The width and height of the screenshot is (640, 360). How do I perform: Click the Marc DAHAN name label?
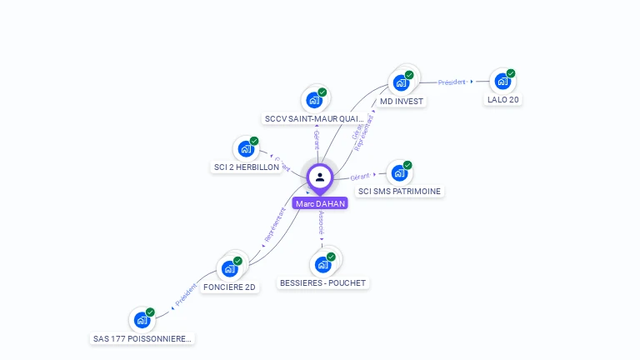click(319, 203)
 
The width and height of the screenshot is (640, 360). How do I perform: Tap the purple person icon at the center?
click(320, 177)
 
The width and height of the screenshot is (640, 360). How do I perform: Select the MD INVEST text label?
click(402, 102)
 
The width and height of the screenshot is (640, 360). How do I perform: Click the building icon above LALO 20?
click(502, 81)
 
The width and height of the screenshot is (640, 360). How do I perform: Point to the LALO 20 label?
click(503, 100)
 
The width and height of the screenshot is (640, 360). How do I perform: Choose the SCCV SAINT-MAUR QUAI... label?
click(314, 119)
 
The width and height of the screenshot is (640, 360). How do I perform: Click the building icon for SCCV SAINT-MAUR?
click(313, 100)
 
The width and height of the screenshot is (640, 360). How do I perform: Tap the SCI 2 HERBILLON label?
click(247, 167)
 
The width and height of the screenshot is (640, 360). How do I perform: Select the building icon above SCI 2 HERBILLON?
click(246, 148)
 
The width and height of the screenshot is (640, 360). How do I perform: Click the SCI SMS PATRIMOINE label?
click(399, 192)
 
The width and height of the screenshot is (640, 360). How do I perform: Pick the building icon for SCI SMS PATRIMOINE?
click(398, 172)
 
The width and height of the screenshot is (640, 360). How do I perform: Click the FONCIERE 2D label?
click(230, 287)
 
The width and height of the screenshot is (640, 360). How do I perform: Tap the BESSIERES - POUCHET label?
click(322, 283)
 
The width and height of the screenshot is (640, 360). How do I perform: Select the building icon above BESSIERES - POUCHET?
click(322, 264)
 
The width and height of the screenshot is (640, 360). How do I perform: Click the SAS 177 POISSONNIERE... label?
click(142, 339)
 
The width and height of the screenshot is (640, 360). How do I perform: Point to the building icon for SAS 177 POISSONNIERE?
click(142, 319)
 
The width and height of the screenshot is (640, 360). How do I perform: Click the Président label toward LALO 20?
click(452, 82)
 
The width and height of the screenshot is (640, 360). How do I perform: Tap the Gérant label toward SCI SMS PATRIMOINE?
click(360, 177)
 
